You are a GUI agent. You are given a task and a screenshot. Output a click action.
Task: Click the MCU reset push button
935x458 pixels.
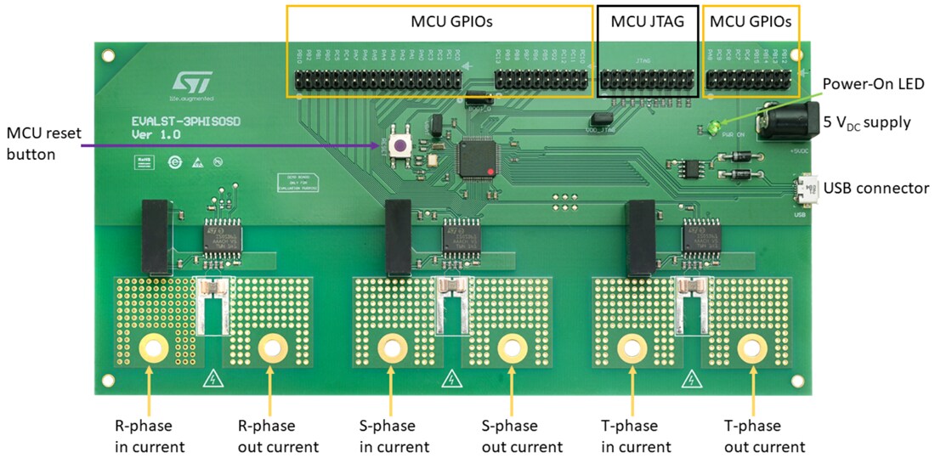point(397,145)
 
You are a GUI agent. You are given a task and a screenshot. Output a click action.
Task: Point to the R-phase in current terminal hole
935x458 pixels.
point(153,348)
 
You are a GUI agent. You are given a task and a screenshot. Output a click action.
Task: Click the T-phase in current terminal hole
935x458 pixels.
point(632,348)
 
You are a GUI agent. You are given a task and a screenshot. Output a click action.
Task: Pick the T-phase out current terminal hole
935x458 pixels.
point(751,348)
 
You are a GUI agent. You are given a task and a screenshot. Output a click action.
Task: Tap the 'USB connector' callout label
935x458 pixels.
point(875,189)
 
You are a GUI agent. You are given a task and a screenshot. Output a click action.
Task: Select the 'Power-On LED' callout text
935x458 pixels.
point(873,83)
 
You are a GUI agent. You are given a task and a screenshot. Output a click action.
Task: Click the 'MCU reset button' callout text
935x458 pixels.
point(42,144)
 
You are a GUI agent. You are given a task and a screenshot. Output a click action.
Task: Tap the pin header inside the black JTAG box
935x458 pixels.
point(649,81)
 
